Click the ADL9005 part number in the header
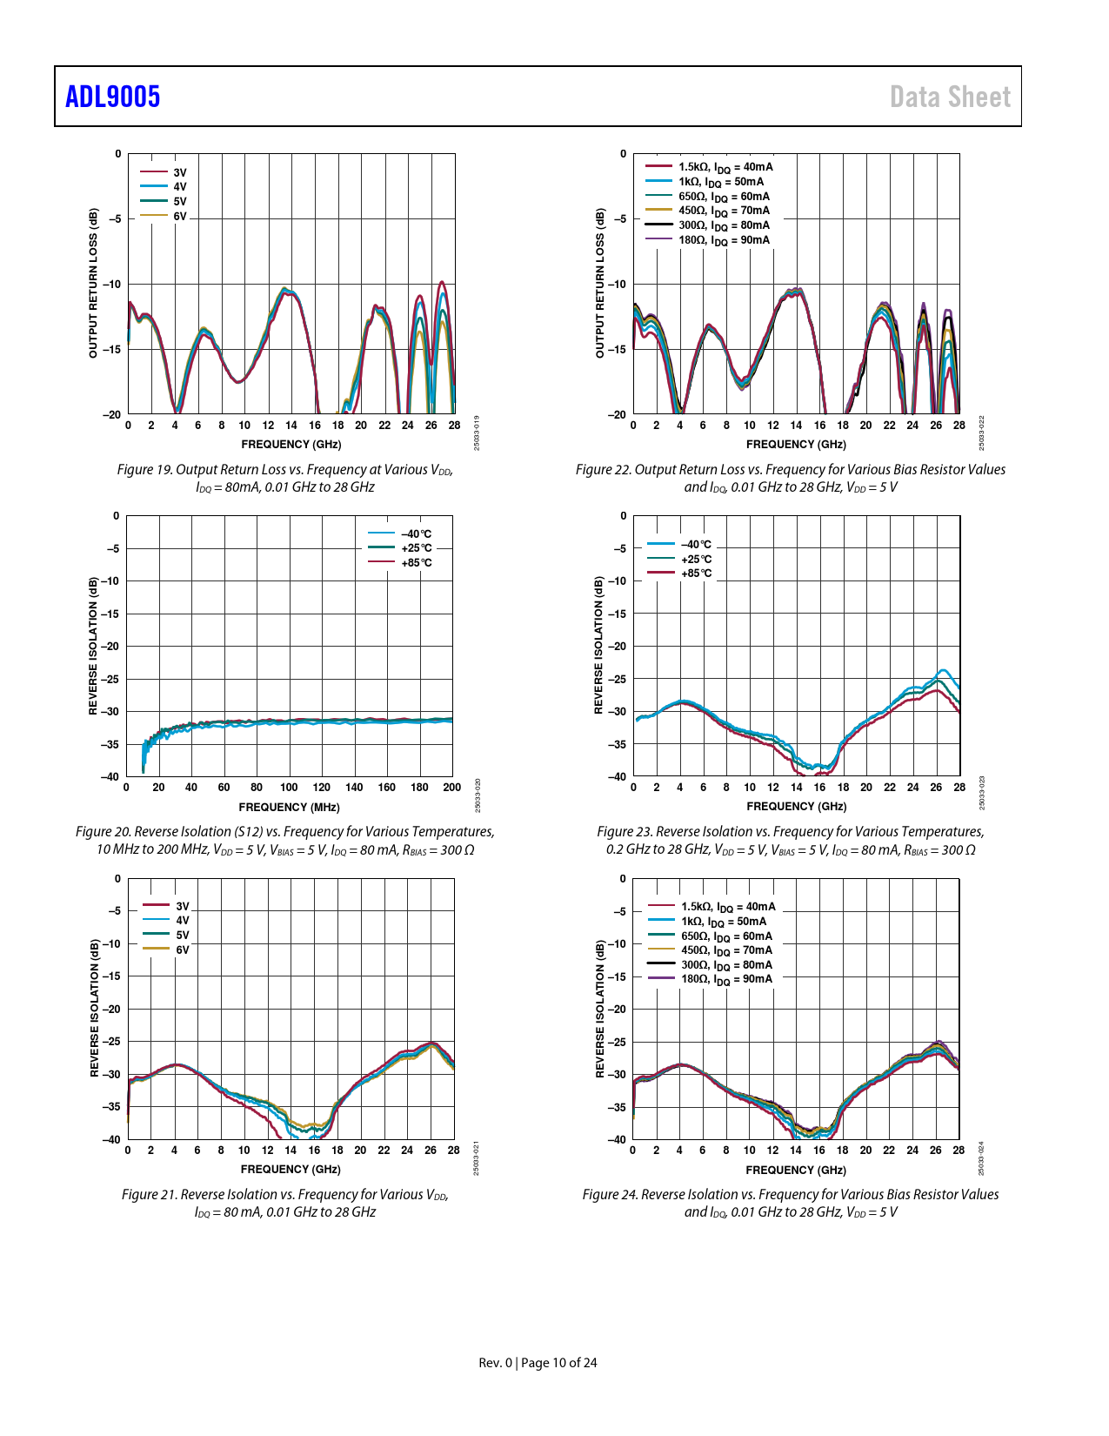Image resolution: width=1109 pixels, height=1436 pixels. (113, 97)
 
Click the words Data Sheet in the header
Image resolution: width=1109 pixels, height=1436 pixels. (950, 97)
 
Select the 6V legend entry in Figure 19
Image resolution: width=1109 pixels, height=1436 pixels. (179, 216)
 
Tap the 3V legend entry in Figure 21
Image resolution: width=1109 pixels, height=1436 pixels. (182, 906)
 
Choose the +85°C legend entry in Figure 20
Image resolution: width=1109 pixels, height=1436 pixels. (416, 563)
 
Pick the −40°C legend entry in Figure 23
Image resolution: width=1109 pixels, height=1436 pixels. (695, 545)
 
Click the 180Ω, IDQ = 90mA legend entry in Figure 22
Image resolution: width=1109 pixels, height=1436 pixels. (724, 240)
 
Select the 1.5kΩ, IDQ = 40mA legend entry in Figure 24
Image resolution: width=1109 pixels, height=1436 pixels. (727, 907)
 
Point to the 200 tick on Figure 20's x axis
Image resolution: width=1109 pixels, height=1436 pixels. (452, 788)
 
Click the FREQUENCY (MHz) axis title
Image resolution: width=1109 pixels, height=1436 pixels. (289, 808)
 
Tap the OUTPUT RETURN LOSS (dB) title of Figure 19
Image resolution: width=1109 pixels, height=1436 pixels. (94, 283)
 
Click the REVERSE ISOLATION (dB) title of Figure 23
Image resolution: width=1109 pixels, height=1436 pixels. (598, 645)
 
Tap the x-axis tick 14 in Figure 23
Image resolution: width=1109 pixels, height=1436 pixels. (797, 788)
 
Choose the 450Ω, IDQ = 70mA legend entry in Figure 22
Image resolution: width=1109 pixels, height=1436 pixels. (724, 211)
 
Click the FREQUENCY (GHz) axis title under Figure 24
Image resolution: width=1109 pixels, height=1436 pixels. (796, 1171)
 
